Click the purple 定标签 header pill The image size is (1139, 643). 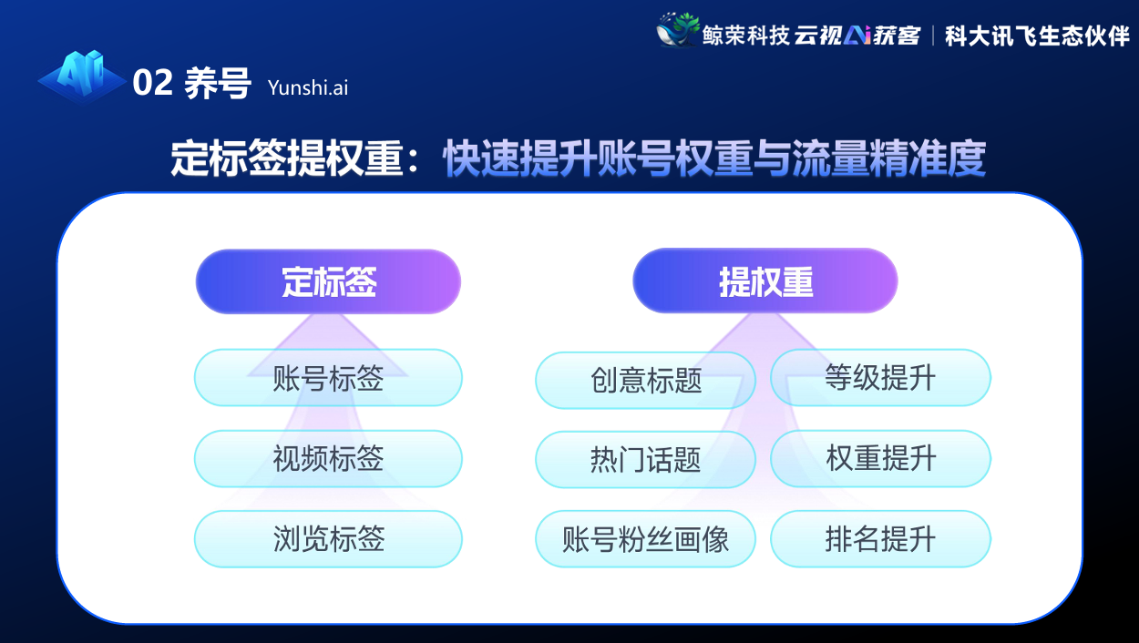coord(328,281)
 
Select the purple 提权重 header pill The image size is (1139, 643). coord(765,281)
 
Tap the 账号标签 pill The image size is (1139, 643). coord(328,378)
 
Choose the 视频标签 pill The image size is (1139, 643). coord(328,458)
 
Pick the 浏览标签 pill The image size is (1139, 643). coord(328,539)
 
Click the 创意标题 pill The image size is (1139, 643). coord(646,380)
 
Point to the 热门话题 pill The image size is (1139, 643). coord(646,460)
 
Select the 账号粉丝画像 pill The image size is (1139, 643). coord(646,539)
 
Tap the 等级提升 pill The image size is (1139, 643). coord(881,378)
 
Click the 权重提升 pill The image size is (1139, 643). coord(881,458)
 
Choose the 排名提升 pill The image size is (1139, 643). coord(881,539)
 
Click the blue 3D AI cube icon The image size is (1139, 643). coord(82,77)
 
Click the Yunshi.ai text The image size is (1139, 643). coord(308,88)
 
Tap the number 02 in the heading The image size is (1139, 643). coord(152,82)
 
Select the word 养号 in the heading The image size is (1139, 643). coord(218,83)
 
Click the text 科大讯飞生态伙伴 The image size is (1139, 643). coord(1037,36)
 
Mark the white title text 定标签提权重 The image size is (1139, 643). coord(287,158)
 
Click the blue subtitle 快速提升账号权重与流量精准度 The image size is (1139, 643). coord(714,158)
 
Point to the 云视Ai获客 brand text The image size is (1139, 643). coord(857,36)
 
